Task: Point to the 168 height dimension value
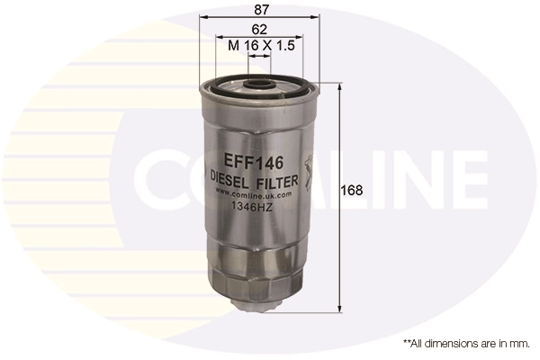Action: [x=353, y=190]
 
